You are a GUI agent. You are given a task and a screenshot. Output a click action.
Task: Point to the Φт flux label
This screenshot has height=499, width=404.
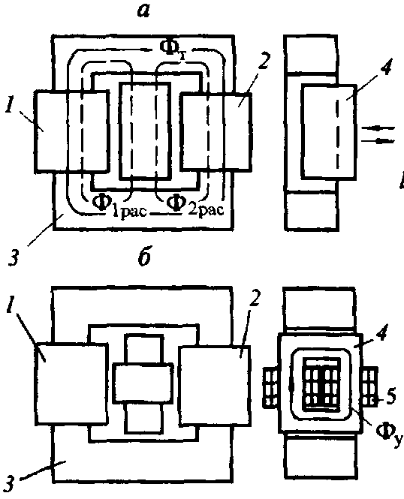coord(173,49)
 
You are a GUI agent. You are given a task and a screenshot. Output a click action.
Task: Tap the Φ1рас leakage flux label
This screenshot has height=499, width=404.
coord(119,205)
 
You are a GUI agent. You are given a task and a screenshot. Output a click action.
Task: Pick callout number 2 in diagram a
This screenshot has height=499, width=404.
coord(264,61)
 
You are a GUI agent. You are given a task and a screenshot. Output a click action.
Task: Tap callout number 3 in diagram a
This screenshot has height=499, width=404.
coord(13,257)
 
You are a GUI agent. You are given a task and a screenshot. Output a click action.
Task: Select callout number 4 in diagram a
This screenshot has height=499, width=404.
coord(386,66)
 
